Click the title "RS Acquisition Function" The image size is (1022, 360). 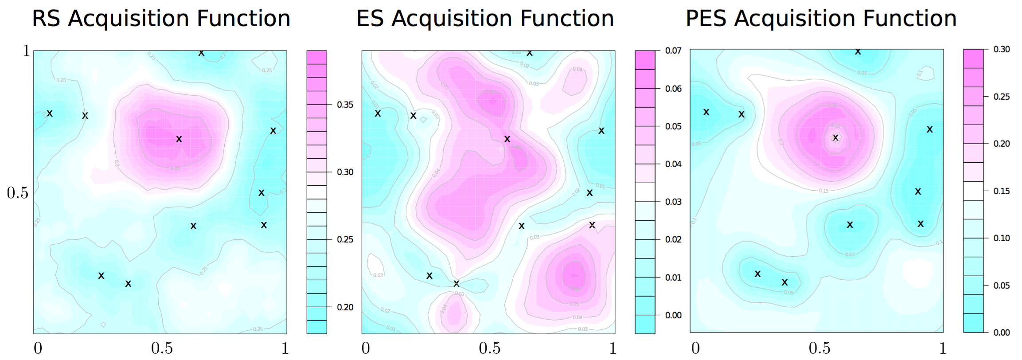coord(161,19)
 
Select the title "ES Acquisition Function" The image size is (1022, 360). coord(485,19)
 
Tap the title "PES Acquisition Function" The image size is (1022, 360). coord(821,19)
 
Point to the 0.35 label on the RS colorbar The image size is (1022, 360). coord(345,105)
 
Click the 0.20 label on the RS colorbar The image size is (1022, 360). coord(345,307)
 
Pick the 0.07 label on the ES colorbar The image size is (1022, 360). coord(673,51)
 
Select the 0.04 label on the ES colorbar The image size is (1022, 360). coord(673,164)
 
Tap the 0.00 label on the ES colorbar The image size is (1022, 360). coord(673,315)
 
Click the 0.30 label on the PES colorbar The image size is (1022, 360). coord(1002,49)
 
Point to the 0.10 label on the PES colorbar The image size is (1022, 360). coord(1002,238)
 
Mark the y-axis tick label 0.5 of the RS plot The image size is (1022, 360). coord(18,193)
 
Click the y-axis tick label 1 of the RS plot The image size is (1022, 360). coord(27,51)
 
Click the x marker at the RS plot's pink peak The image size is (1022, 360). coord(179,139)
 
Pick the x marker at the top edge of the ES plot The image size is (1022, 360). coord(529,53)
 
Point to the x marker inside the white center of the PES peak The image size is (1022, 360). coord(835,138)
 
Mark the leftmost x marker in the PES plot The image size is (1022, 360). coord(706,112)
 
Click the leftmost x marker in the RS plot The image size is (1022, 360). coord(50,113)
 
